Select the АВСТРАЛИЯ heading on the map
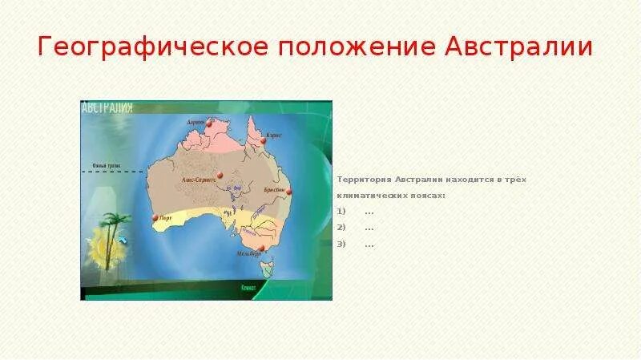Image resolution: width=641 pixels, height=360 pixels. (x=107, y=108)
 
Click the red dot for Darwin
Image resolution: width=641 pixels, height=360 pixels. (x=207, y=125)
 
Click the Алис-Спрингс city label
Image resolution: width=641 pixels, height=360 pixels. (x=199, y=180)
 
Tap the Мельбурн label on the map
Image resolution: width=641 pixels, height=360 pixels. (x=249, y=254)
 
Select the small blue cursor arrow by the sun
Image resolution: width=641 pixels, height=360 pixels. (x=123, y=238)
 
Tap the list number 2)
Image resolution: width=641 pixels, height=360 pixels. (x=341, y=228)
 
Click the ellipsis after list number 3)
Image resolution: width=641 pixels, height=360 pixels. (x=369, y=244)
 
